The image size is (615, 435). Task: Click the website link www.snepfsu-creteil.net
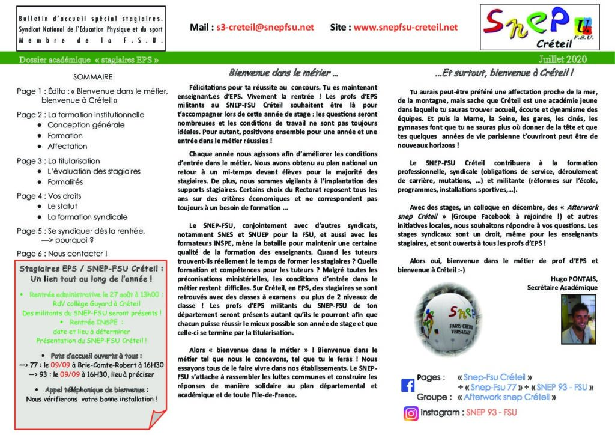405,27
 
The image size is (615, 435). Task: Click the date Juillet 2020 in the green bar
562,59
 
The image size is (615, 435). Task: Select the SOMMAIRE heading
92,77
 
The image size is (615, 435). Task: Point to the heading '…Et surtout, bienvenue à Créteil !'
504,73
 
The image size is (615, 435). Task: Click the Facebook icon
408,385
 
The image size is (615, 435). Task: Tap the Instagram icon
411,413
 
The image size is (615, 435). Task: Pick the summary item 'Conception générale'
86,125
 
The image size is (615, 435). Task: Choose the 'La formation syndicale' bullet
87,217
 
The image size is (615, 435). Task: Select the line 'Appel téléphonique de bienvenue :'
92,389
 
